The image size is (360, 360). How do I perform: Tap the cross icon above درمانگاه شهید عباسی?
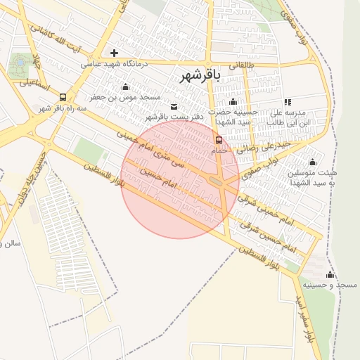click(115, 53)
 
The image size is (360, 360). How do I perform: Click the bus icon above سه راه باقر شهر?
click(63, 98)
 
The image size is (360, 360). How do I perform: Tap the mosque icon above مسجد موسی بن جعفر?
click(125, 87)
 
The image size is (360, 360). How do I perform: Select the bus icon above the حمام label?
click(219, 141)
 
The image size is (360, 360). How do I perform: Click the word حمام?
click(219, 150)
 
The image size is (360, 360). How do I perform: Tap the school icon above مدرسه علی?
click(287, 102)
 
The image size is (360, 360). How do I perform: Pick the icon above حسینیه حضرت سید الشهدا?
click(233, 102)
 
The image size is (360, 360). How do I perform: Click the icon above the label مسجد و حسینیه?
click(330, 275)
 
